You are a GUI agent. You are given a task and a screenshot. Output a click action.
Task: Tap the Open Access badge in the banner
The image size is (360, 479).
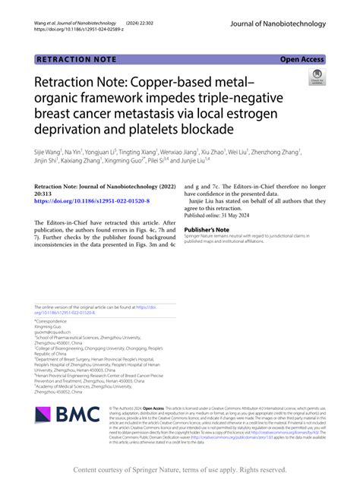coord(302,58)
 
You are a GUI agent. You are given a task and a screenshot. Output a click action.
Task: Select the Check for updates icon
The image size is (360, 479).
coord(316,77)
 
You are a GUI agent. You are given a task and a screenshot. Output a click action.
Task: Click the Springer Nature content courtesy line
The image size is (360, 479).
coord(180,469)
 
